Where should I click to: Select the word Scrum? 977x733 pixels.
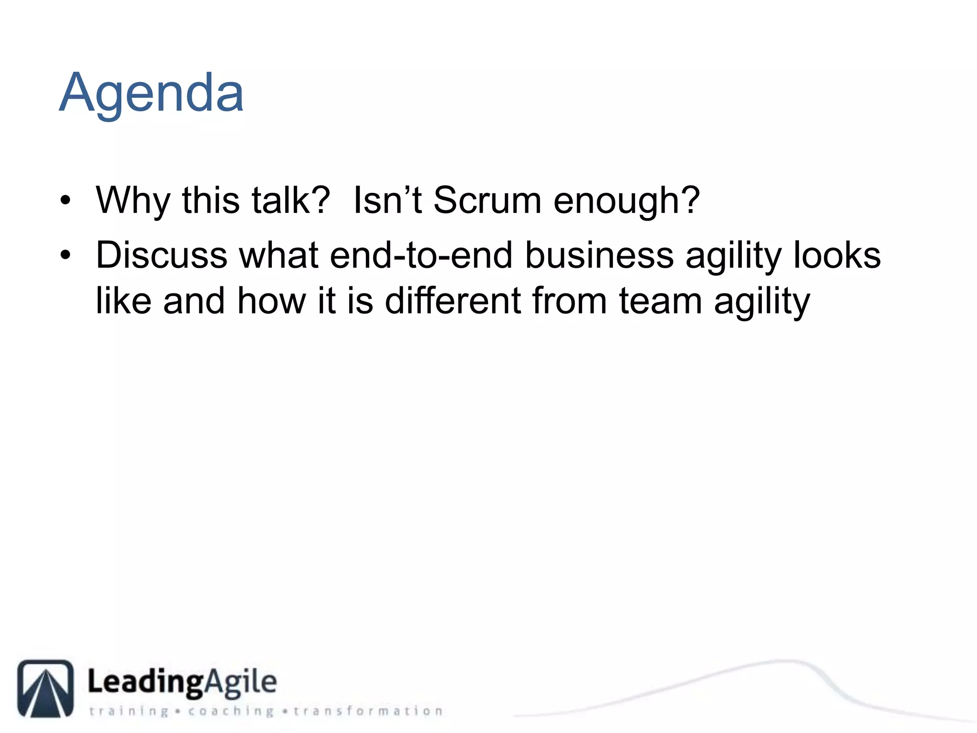click(487, 200)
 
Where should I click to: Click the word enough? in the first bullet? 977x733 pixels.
click(626, 200)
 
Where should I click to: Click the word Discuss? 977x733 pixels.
click(161, 255)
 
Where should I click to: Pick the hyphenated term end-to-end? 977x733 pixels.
click(421, 255)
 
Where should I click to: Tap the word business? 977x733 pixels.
click(599, 255)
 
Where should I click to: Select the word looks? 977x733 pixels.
click(837, 255)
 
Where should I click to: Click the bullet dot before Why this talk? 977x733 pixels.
click(65, 201)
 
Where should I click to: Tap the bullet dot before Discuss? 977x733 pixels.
click(65, 256)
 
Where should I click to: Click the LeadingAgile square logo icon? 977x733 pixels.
click(46, 688)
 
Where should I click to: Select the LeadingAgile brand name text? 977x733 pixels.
click(182, 682)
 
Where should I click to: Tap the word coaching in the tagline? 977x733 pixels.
click(231, 711)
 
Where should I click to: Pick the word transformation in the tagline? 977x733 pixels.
click(368, 711)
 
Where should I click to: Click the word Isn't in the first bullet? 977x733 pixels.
click(387, 200)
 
